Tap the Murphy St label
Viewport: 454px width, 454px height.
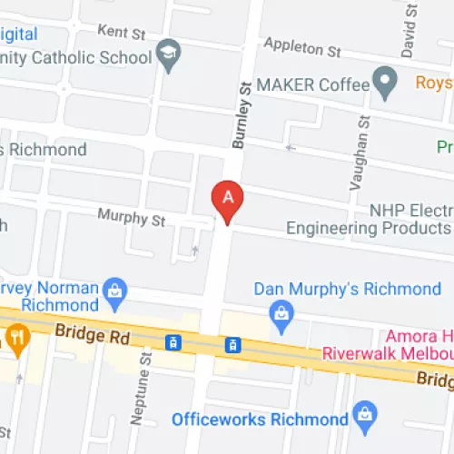[x=132, y=219]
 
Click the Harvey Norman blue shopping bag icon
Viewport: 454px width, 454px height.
[x=114, y=290]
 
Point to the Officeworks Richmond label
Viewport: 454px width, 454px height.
[x=260, y=419]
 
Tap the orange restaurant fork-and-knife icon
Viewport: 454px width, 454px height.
[x=17, y=339]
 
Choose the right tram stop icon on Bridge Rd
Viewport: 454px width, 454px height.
[x=233, y=344]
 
